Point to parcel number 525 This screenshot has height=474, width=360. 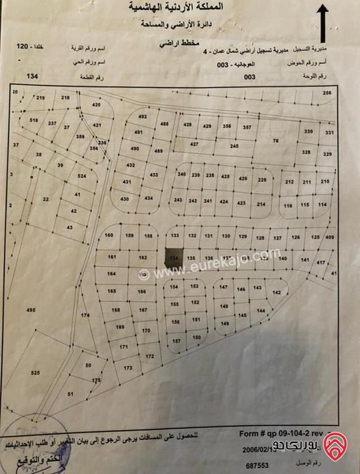[35, 373]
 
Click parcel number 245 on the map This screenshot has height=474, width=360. [234, 146]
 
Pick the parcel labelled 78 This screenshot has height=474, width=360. [276, 142]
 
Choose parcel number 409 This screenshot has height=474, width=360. [330, 237]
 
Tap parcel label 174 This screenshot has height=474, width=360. [85, 316]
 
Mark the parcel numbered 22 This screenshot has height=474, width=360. [45, 198]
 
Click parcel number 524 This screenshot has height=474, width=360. [82, 177]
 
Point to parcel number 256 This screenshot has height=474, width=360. [327, 93]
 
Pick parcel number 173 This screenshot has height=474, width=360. [128, 368]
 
